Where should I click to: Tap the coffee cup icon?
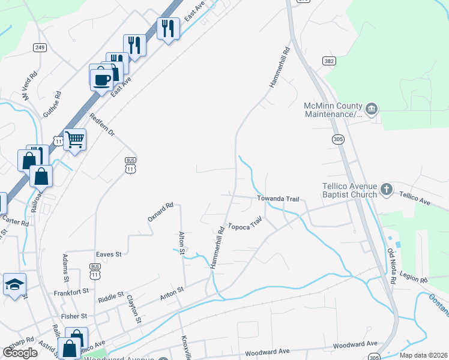click(101, 77)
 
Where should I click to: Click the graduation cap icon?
click(14, 284)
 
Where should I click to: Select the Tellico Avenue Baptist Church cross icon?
click(387, 190)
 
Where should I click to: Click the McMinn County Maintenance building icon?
click(372, 108)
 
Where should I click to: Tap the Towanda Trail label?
click(278, 198)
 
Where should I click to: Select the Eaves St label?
click(109, 254)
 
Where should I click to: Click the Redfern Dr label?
click(101, 124)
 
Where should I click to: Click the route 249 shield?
click(40, 48)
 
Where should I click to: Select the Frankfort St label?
click(70, 290)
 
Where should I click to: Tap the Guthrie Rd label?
click(52, 104)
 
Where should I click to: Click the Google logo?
click(20, 353)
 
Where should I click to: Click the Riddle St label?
click(110, 296)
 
